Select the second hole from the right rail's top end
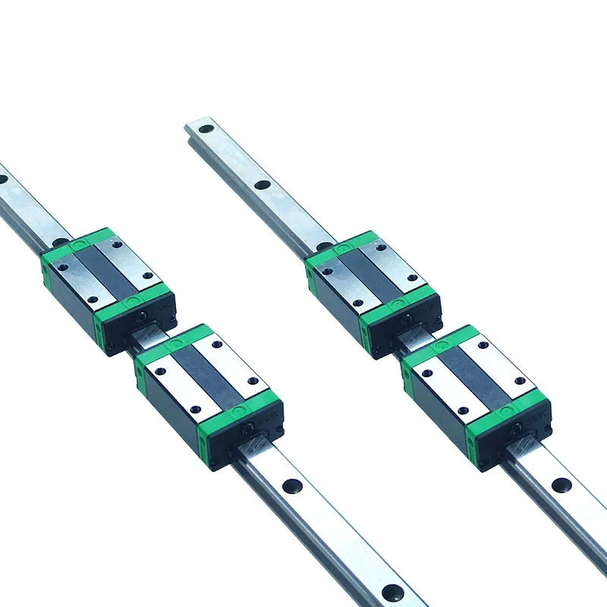click(x=263, y=184)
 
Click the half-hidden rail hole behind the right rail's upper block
click(x=324, y=245)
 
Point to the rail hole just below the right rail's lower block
click(x=561, y=485)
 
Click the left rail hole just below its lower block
click(x=291, y=486)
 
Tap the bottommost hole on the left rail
click(x=393, y=593)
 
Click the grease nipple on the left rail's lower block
click(x=248, y=430)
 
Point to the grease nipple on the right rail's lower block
click(x=517, y=429)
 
